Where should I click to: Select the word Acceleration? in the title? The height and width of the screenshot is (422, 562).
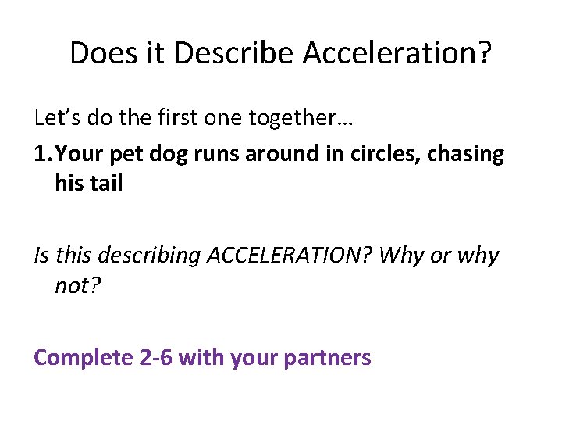[x=397, y=53]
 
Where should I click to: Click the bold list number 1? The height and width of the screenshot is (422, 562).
[x=42, y=154]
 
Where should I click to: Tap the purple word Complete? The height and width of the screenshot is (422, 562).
[x=84, y=358]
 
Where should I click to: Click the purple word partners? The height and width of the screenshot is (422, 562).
[x=328, y=358]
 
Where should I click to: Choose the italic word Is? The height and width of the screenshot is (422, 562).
[x=43, y=256]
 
